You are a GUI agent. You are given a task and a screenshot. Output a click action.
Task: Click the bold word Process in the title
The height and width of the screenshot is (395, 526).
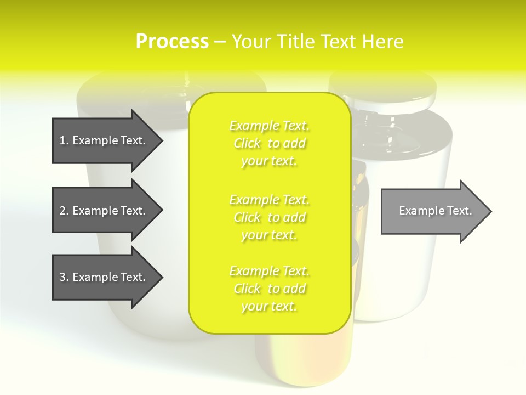172,41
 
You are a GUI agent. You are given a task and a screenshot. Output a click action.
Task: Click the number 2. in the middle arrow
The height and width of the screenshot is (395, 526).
64,211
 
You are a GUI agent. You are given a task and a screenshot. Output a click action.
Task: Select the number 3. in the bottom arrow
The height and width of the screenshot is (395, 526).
64,277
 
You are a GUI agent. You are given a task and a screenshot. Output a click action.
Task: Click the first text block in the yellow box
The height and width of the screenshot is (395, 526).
269,143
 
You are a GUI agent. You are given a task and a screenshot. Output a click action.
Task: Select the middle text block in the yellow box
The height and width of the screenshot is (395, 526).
269,217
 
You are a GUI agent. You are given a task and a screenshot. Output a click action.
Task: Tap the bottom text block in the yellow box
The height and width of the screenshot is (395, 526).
269,289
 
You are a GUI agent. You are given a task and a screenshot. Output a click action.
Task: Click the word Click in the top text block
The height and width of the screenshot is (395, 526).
247,143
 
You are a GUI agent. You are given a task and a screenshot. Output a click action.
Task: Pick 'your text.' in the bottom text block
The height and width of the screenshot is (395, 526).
269,306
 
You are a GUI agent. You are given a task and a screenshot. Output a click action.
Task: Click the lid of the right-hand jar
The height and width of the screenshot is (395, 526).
384,88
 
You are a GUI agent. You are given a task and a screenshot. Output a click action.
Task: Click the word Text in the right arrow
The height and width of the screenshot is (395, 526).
459,211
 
